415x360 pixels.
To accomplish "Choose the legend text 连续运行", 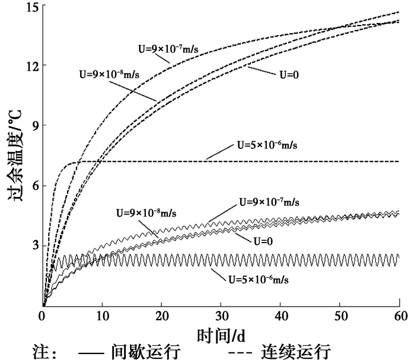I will click(295, 351).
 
